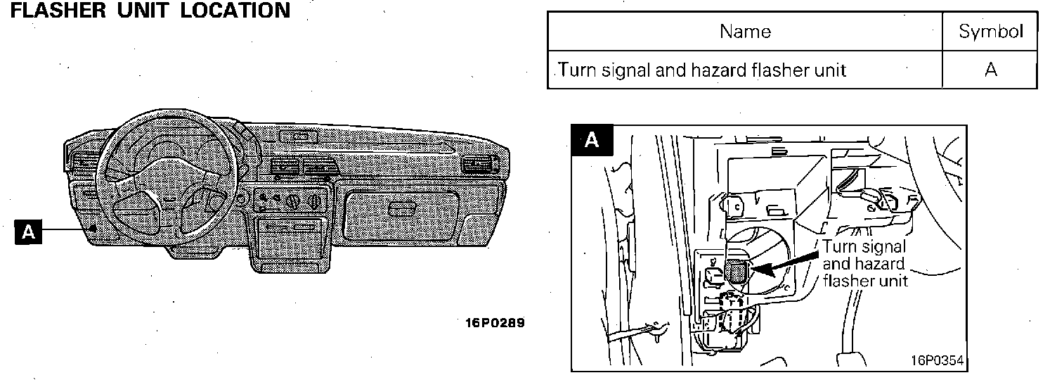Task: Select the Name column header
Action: (745, 31)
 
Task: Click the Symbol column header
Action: (990, 31)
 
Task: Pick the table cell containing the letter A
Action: (990, 70)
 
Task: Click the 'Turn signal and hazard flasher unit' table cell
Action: (703, 70)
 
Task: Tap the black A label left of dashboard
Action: (28, 232)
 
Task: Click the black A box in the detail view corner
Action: (592, 140)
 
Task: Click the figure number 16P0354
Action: (936, 360)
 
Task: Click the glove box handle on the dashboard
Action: (401, 208)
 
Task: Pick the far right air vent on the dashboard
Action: (480, 166)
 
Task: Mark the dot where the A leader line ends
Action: (93, 227)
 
